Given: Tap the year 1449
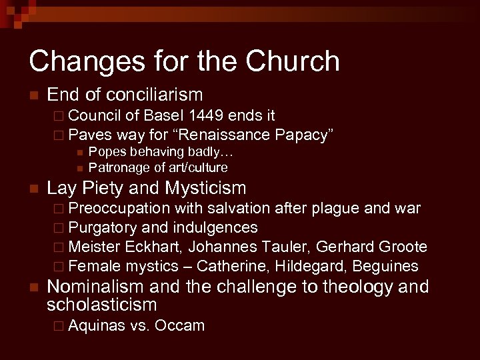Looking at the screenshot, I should (213, 116).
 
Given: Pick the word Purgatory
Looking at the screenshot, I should (103, 228).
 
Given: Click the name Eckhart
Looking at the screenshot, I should (153, 247).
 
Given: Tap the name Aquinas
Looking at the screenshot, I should (96, 326).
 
